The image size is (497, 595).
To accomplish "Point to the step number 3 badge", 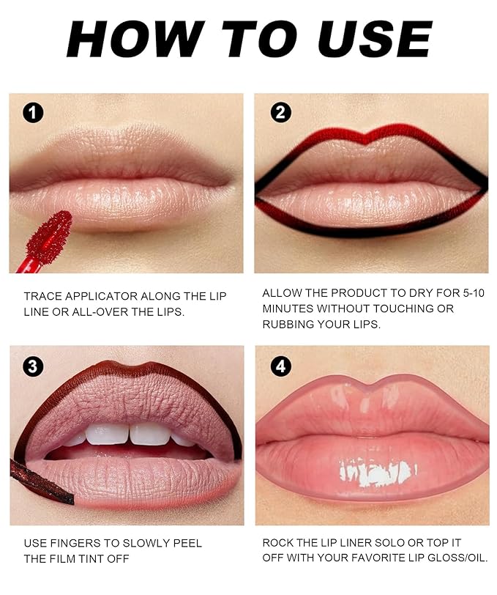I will tap(33, 366).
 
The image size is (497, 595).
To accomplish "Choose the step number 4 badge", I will tap(280, 366).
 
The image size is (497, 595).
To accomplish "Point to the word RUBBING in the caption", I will tap(290, 324).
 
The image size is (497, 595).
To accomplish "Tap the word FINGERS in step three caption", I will tap(75, 544).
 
